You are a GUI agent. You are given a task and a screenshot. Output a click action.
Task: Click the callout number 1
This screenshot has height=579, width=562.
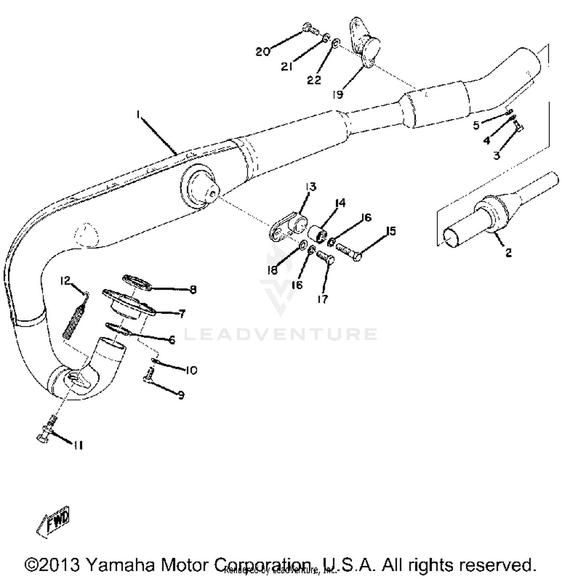point(139,115)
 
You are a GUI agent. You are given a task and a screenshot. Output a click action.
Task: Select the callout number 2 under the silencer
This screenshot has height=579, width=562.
point(508,253)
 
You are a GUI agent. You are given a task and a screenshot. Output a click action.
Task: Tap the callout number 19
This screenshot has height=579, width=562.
point(338,94)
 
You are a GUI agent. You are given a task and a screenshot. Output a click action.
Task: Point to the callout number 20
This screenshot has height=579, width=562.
point(263,51)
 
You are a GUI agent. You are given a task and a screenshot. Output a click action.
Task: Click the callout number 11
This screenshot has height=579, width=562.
point(78,445)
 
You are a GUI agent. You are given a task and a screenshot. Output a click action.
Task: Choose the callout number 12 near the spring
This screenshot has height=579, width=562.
point(66,281)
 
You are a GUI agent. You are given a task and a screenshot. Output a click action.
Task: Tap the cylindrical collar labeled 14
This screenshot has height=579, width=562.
point(317,233)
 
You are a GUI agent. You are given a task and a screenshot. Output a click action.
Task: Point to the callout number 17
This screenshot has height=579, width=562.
point(322,299)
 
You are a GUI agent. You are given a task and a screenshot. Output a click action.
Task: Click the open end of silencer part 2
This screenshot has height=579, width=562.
point(453,238)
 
